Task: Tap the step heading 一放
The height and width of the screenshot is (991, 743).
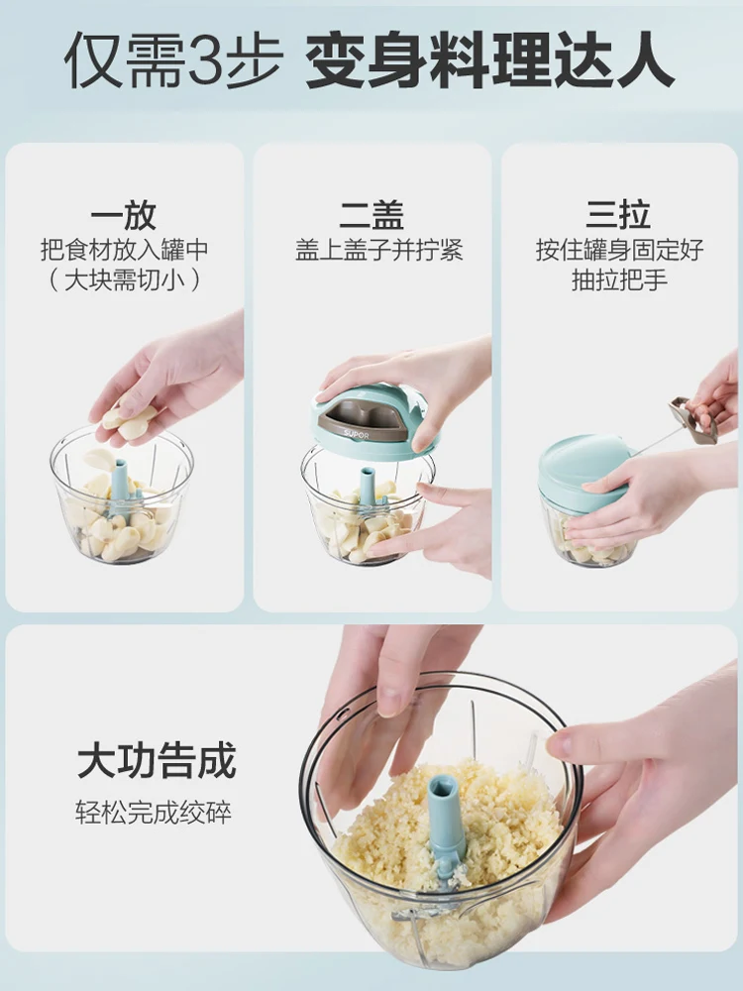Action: click(124, 215)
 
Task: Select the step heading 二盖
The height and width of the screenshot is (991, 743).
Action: click(371, 215)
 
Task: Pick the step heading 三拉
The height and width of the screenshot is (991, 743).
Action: click(619, 215)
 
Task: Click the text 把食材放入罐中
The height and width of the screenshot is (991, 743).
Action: click(124, 249)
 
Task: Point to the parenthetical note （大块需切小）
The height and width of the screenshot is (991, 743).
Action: click(124, 279)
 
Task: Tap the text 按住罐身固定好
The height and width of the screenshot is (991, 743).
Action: click(619, 249)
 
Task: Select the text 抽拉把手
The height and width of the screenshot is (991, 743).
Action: click(619, 279)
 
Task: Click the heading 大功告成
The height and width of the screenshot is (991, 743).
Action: click(157, 761)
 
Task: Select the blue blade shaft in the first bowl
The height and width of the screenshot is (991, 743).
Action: click(120, 482)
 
